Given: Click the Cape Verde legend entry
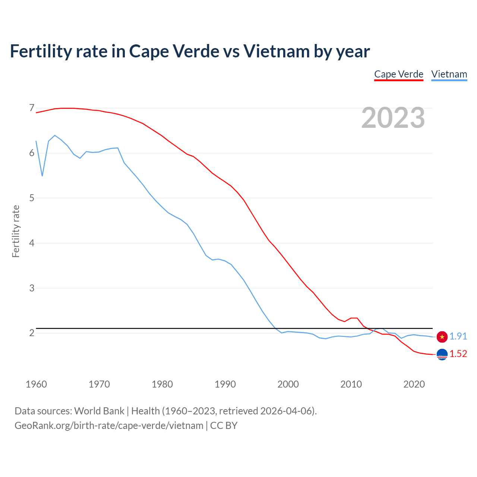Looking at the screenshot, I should click(x=399, y=74).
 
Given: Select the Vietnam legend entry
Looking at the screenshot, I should click(x=449, y=74).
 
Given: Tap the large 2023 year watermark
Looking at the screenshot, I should click(x=393, y=118).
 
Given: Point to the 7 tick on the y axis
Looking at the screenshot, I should click(x=32, y=108).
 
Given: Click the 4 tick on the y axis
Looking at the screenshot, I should click(x=32, y=243).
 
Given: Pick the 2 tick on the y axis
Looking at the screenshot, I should click(x=32, y=333).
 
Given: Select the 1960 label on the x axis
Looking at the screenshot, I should click(x=36, y=384).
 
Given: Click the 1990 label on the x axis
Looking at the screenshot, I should click(x=225, y=384).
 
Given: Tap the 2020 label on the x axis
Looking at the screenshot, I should click(x=414, y=384).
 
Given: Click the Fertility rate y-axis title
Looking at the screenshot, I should click(x=16, y=231).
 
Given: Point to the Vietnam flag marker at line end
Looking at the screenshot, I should click(x=442, y=337).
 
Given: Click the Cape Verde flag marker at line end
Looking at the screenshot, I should click(x=442, y=354).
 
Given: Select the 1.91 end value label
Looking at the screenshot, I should click(x=458, y=336).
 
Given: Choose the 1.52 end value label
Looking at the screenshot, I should click(x=458, y=354).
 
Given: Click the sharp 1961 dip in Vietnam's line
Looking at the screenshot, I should click(x=42, y=176).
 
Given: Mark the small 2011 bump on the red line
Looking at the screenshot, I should click(x=354, y=318).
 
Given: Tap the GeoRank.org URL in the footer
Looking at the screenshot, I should click(x=109, y=426).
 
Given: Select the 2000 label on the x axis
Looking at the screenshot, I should click(x=288, y=384).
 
